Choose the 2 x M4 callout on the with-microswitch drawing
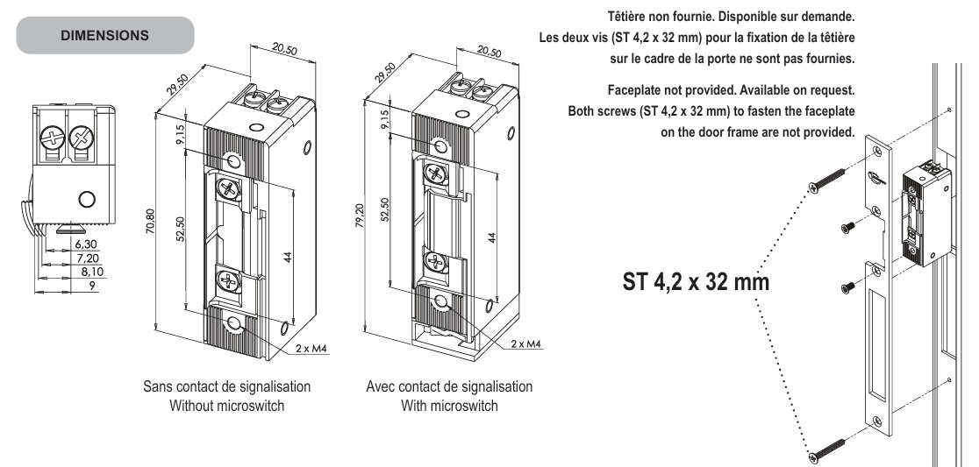524,343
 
